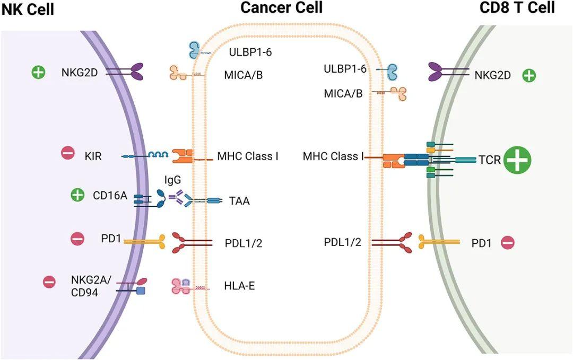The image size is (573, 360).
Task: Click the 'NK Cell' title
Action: (28, 9)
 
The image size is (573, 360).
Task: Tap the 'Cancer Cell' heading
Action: (281, 7)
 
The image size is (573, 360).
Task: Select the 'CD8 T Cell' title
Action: (517, 7)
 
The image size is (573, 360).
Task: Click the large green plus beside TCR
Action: (517, 160)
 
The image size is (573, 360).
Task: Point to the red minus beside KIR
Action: (68, 153)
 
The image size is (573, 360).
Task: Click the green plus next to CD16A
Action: (77, 195)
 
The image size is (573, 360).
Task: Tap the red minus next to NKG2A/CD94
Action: (49, 282)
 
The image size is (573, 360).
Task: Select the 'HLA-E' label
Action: (239, 286)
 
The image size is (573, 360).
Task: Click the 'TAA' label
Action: (239, 201)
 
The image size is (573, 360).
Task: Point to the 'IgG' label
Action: (172, 180)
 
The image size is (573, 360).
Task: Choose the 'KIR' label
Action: (93, 156)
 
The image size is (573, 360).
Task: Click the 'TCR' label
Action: (490, 160)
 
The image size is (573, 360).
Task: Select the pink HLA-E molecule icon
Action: (181, 286)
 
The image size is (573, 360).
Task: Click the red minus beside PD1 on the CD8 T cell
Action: (508, 242)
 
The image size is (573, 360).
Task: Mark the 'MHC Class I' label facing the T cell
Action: (333, 156)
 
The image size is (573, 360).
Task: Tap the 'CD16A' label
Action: (110, 195)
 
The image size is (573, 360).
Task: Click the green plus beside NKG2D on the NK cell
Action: (38, 72)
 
